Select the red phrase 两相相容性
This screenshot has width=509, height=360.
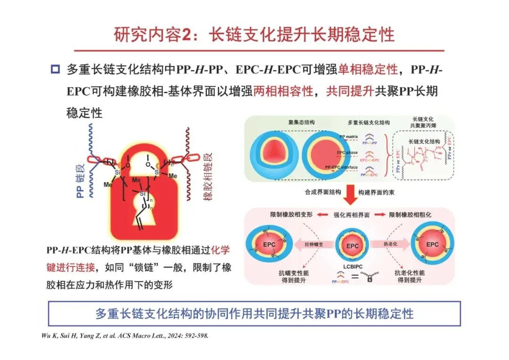tap(283, 91)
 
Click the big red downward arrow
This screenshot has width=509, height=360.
tap(349, 194)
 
